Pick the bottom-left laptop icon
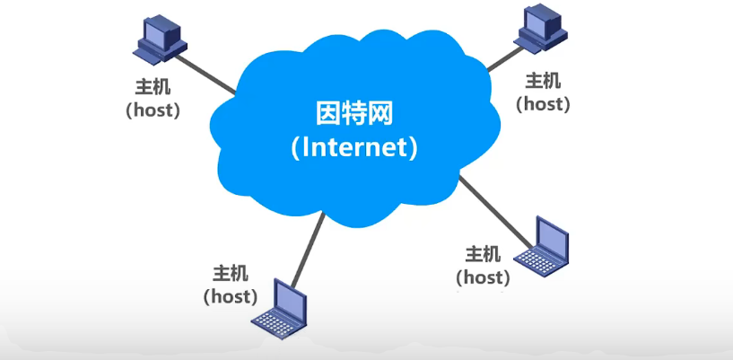280,308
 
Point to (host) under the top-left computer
152,110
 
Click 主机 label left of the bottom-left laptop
231,273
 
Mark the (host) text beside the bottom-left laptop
231,294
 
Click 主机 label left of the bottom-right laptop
484,254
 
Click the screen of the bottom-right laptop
551,235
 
